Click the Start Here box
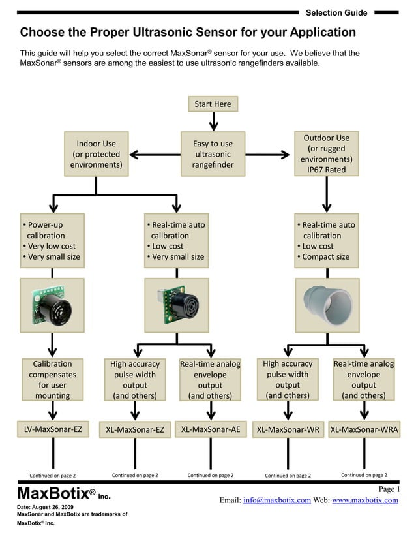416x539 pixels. pos(213,104)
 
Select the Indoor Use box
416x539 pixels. pos(97,154)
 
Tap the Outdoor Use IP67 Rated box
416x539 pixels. pos(327,154)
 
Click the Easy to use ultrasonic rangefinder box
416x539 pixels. pos(213,154)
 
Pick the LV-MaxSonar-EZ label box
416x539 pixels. pos(53,429)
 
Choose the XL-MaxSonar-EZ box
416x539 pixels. pos(135,429)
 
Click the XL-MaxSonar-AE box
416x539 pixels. pos(211,429)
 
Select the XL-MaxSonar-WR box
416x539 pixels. pos(288,429)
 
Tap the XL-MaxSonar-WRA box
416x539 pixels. pos(364,429)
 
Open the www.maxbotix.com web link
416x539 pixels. pos(364,501)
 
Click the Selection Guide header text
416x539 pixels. pos(336,12)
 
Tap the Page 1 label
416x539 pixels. pos(389,489)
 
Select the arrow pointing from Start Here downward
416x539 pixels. pos(213,121)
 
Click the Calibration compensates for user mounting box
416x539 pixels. pos(53,379)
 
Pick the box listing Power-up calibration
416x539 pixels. pos(53,240)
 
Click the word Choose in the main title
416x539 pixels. pos(43,33)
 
